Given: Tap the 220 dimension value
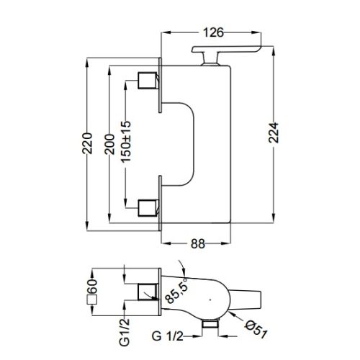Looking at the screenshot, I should [88, 141].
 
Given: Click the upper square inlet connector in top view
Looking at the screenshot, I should [149, 81].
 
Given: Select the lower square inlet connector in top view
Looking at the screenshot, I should [149, 206].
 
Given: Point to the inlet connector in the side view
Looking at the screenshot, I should [149, 291].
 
